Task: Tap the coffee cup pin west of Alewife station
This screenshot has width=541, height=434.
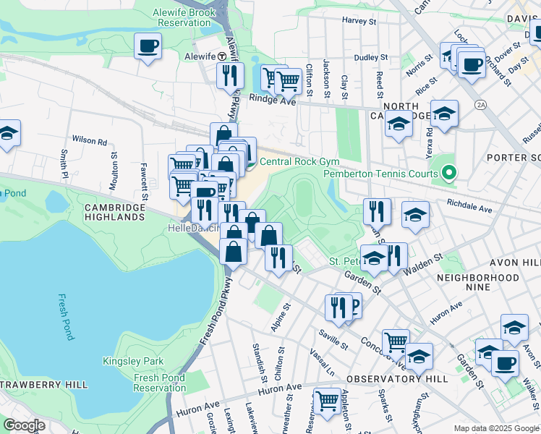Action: pyautogui.click(x=148, y=46)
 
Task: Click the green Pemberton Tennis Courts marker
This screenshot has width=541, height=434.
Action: pyautogui.click(x=448, y=173)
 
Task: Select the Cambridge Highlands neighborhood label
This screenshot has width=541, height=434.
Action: pyautogui.click(x=114, y=211)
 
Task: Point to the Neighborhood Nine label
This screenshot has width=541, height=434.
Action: pyautogui.click(x=477, y=283)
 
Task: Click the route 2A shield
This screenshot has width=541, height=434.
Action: pyautogui.click(x=480, y=105)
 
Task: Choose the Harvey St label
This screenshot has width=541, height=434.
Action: pyautogui.click(x=360, y=22)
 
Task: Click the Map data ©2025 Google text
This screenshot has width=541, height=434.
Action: pyautogui.click(x=496, y=428)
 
